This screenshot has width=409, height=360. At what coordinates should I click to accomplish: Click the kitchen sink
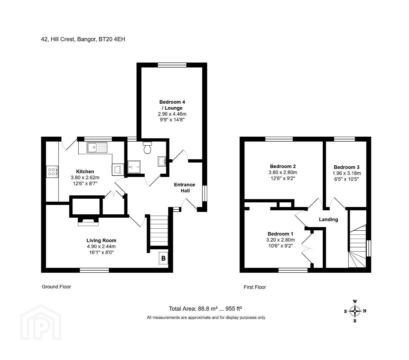coord(97,147)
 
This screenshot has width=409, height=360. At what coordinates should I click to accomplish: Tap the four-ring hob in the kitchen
coord(52,172)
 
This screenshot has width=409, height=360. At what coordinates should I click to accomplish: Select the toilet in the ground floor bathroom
coord(147,147)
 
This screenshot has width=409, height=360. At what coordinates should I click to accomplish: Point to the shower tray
coord(134,167)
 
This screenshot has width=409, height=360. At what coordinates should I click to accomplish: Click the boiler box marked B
coord(163,258)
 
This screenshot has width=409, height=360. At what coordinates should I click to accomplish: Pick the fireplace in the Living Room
coord(88,222)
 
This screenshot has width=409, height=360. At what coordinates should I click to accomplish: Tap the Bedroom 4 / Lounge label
coord(172,105)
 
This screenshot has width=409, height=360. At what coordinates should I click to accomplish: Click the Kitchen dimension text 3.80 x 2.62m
coord(85,178)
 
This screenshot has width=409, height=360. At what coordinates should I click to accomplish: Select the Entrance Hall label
coord(185,187)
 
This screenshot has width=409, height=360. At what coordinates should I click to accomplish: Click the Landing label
coord(328,219)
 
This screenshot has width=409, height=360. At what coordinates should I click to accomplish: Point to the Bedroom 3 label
coord(346,167)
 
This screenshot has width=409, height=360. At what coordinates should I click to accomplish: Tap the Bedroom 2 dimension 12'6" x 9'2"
coord(283,178)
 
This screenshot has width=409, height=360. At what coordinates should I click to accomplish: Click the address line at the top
coord(83,39)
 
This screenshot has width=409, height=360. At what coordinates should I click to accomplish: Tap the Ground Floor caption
coord(56,287)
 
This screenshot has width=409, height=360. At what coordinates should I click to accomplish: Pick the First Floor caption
coord(255,287)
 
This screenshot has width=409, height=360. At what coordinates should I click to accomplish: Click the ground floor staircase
coord(159,231)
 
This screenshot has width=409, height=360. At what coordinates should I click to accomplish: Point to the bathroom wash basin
coord(162,161)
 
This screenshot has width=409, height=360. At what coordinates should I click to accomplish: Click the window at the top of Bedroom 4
coord(172,65)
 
